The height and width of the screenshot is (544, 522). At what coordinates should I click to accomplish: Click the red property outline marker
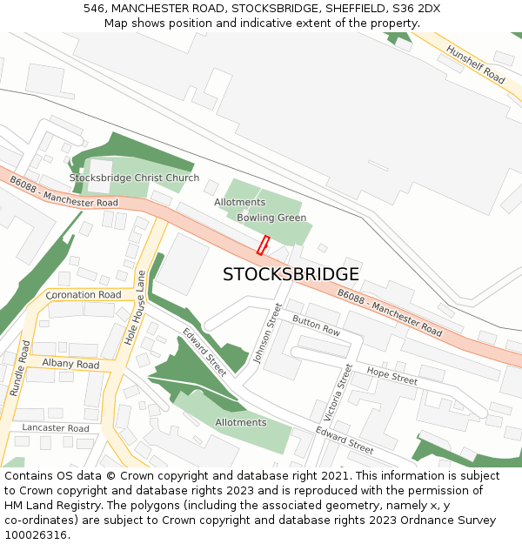click(263, 245)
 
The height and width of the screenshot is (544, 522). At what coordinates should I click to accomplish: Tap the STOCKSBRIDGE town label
click(291, 274)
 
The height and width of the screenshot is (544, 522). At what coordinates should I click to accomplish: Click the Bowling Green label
click(271, 218)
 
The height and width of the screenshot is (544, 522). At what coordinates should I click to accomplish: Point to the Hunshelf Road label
click(475, 64)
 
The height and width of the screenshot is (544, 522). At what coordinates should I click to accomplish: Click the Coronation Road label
click(84, 295)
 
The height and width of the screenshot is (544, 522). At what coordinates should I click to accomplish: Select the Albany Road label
click(70, 365)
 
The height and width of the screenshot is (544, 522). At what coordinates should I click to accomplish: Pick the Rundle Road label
click(19, 368)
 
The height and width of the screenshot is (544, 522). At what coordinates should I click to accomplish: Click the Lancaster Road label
click(56, 428)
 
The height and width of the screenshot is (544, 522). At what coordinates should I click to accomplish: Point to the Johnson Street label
click(268, 332)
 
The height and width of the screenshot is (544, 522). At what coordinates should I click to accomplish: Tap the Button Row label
click(316, 326)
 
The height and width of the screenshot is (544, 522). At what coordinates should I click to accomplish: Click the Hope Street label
click(391, 376)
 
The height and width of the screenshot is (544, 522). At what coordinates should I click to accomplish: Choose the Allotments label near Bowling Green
click(240, 202)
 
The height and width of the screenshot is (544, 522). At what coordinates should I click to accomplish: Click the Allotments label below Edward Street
click(241, 423)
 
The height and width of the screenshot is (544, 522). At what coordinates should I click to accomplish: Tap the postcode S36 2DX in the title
click(417, 9)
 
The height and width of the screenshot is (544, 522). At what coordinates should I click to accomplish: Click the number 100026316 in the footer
click(37, 535)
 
